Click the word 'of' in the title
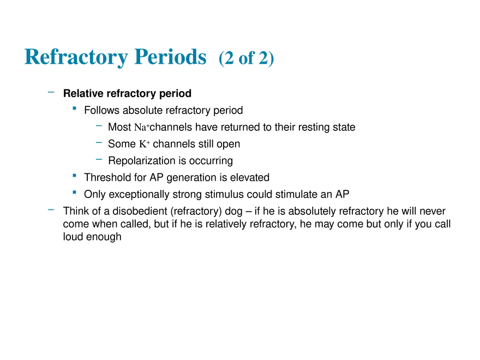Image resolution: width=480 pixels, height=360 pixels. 248,58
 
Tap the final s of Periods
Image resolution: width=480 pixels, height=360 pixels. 205,58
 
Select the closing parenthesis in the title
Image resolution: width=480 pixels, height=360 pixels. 272,58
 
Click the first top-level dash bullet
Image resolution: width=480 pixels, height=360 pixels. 50,94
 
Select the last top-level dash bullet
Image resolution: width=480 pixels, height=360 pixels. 50,209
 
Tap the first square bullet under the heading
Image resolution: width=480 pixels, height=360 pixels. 74,109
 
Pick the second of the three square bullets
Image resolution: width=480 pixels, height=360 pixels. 74,175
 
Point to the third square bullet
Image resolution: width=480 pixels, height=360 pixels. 74,192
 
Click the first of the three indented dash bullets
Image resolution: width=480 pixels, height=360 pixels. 99,126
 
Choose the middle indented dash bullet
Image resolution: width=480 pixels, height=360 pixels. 99,143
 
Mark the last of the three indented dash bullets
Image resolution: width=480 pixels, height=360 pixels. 99,159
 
